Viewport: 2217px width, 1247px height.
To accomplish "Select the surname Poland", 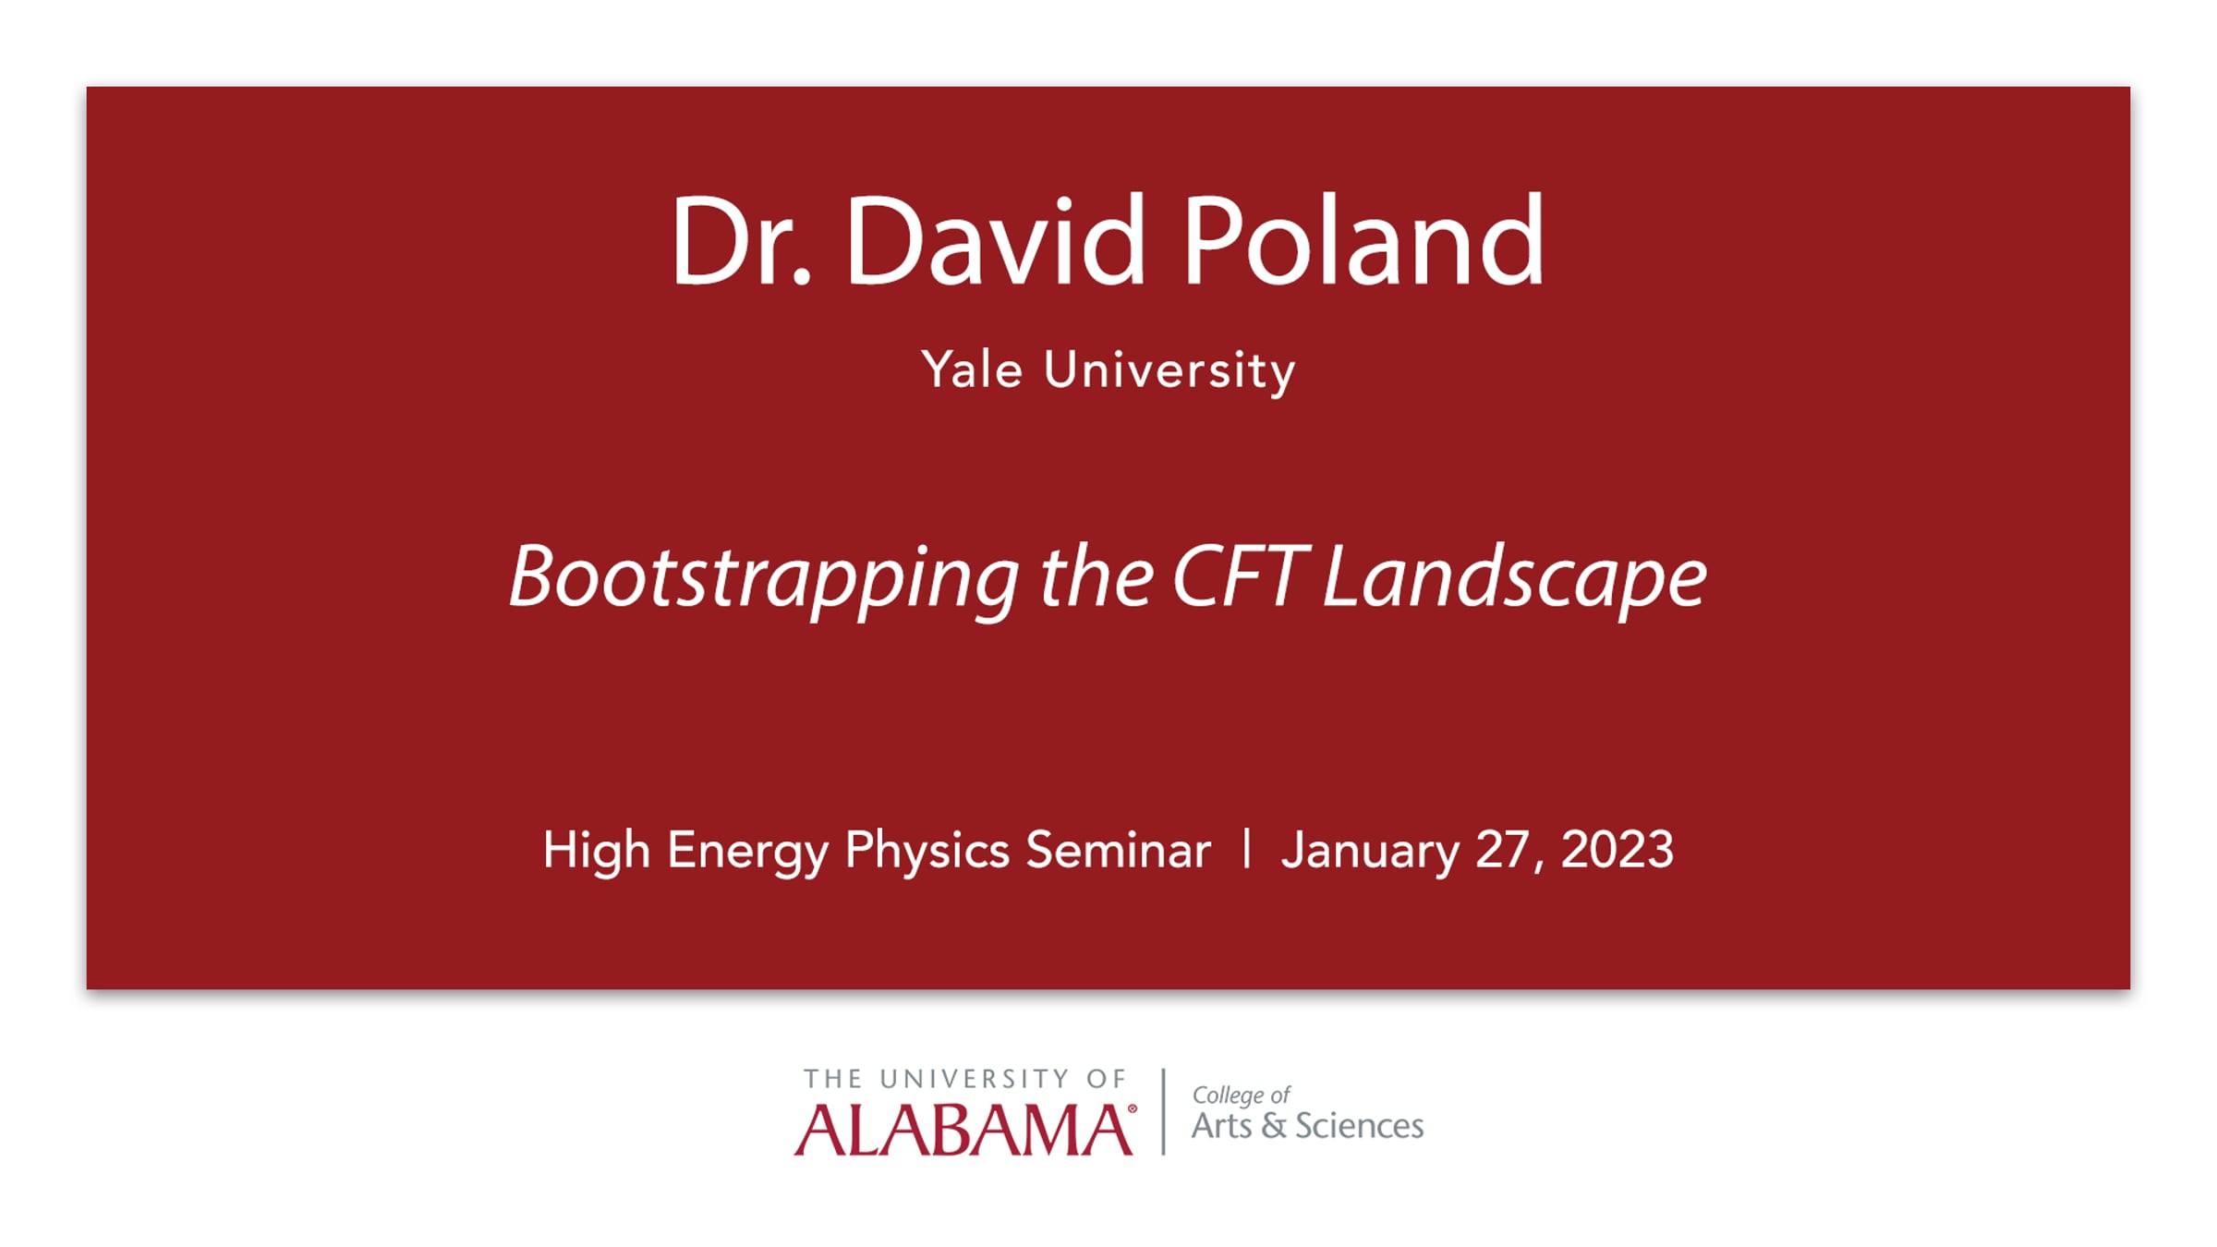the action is pos(1363,239).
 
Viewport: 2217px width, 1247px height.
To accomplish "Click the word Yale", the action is pos(972,369).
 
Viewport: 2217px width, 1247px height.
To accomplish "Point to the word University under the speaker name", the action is pos(1169,372).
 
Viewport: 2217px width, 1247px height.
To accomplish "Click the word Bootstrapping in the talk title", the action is pos(764,579).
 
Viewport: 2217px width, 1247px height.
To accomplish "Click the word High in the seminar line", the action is pos(597,851).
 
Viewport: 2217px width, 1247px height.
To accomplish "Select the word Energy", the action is pos(748,851).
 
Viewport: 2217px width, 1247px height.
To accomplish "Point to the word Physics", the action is pos(927,851).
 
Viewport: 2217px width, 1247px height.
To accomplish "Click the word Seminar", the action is pos(1119,850).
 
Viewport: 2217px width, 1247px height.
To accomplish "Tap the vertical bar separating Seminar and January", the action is pos(1247,848).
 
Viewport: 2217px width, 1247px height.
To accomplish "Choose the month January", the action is pos(1370,851).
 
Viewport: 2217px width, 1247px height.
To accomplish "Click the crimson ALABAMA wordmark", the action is pos(963,1129).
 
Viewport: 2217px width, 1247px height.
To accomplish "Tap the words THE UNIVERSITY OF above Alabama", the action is pos(965,1079).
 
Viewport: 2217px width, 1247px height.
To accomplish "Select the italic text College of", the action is pos(1241,1096).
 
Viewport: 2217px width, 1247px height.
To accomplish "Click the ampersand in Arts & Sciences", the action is pos(1274,1126).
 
